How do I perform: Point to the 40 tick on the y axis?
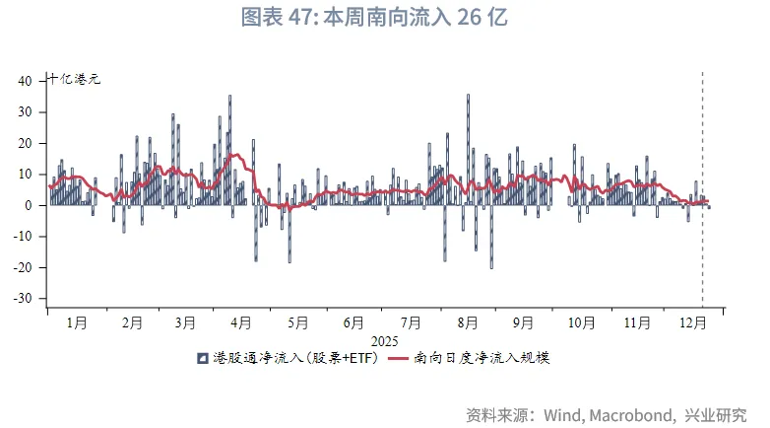27,81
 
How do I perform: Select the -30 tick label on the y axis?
23,298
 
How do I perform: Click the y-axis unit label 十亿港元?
74,80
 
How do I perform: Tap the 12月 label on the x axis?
693,322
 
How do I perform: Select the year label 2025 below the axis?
384,340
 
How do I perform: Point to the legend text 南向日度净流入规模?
482,358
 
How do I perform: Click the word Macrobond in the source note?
630,413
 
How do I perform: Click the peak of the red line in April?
235,155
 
